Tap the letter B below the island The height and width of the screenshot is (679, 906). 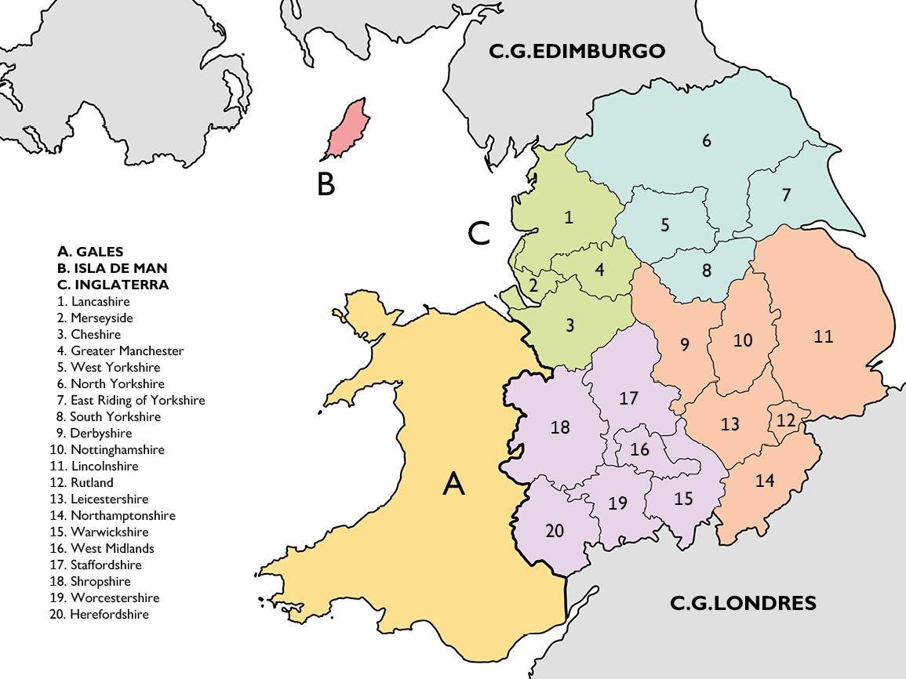click(326, 184)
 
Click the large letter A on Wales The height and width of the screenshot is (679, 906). click(453, 485)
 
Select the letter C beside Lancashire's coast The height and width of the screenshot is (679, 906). click(478, 233)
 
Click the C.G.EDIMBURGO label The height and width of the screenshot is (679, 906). click(577, 52)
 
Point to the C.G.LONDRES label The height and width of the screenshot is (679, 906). click(743, 603)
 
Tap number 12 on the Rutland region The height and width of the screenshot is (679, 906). click(786, 420)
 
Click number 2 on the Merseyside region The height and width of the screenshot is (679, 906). click(533, 285)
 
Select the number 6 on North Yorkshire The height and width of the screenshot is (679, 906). click(707, 141)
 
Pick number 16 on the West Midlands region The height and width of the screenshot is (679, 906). click(639, 450)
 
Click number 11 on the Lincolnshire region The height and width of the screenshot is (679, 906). click(823, 337)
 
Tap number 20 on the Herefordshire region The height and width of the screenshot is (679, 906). click(555, 531)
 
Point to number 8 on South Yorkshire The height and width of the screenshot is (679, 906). click(706, 271)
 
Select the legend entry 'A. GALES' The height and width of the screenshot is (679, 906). click(90, 252)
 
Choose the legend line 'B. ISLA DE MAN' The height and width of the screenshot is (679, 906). click(112, 268)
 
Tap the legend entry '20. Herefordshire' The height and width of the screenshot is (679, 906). click(98, 615)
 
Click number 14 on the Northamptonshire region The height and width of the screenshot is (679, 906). click(765, 481)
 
